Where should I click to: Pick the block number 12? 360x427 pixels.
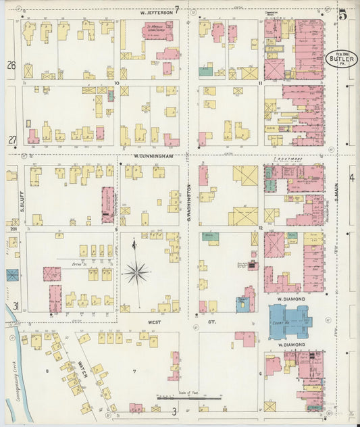click(259, 228)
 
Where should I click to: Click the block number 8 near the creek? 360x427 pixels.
click(47, 371)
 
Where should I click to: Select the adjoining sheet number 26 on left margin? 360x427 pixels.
click(11, 66)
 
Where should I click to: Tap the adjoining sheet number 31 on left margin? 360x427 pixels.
click(14, 306)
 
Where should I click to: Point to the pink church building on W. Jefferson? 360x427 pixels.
click(157, 30)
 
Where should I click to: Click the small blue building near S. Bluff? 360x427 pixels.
click(13, 275)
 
